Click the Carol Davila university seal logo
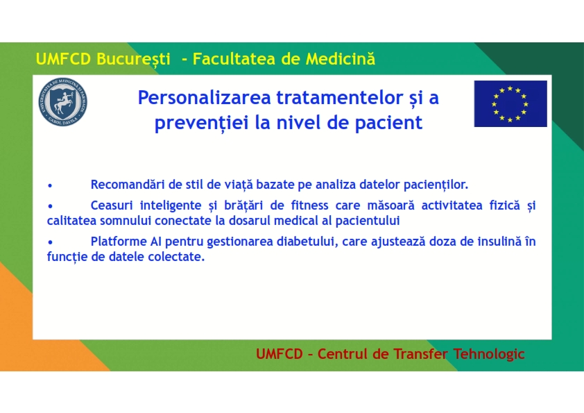point(62,102)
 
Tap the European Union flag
point(510,103)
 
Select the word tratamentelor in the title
point(340,98)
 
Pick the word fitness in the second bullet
point(309,205)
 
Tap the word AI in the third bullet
point(156,242)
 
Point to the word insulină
point(499,242)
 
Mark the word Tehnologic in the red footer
point(489,354)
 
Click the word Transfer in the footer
point(420,354)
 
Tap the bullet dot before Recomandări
point(50,185)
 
